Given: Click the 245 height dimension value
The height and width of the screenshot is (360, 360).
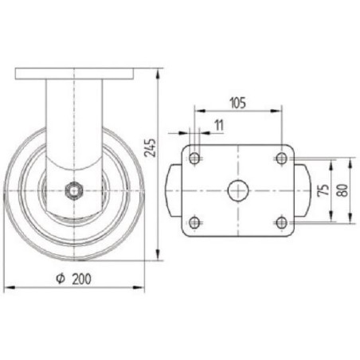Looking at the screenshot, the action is click(x=150, y=147).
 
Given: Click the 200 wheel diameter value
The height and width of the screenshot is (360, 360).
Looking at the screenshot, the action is click(x=82, y=279).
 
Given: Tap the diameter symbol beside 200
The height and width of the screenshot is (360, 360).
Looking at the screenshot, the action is click(x=61, y=279).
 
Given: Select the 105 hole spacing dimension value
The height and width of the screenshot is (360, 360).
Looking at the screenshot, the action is click(x=238, y=103).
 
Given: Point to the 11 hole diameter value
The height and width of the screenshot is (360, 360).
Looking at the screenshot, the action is click(x=219, y=125).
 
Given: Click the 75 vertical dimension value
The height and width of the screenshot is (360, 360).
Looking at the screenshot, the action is click(x=323, y=190).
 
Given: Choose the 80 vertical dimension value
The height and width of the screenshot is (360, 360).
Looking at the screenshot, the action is click(x=342, y=190).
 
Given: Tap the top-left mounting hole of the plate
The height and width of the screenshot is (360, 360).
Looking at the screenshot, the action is click(x=194, y=158).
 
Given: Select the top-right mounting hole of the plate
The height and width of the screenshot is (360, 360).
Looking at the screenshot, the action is click(x=281, y=158).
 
